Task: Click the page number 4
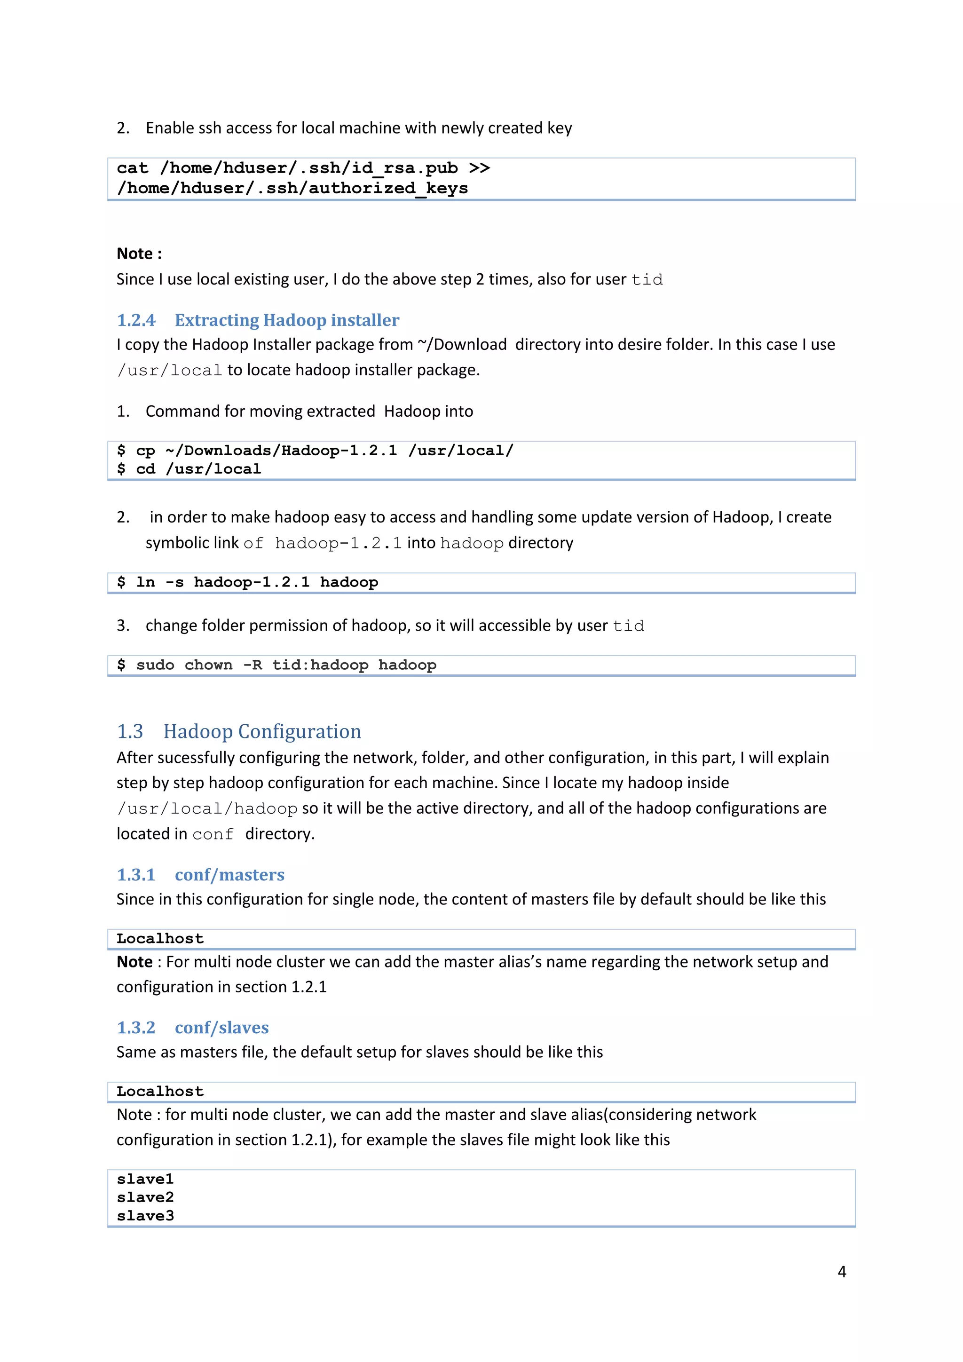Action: [841, 1271]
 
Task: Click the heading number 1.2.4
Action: [136, 320]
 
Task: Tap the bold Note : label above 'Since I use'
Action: [139, 254]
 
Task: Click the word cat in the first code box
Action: [132, 168]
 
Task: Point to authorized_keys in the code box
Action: [388, 189]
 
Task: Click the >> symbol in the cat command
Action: [479, 168]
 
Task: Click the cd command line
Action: [189, 469]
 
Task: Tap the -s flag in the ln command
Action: [174, 583]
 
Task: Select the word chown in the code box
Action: [208, 665]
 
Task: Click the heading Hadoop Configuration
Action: [262, 731]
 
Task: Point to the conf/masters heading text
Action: [229, 875]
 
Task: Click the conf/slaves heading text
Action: [222, 1028]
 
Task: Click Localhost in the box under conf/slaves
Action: [160, 1092]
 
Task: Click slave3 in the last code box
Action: [145, 1216]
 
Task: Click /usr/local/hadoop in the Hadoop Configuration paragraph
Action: [207, 809]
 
